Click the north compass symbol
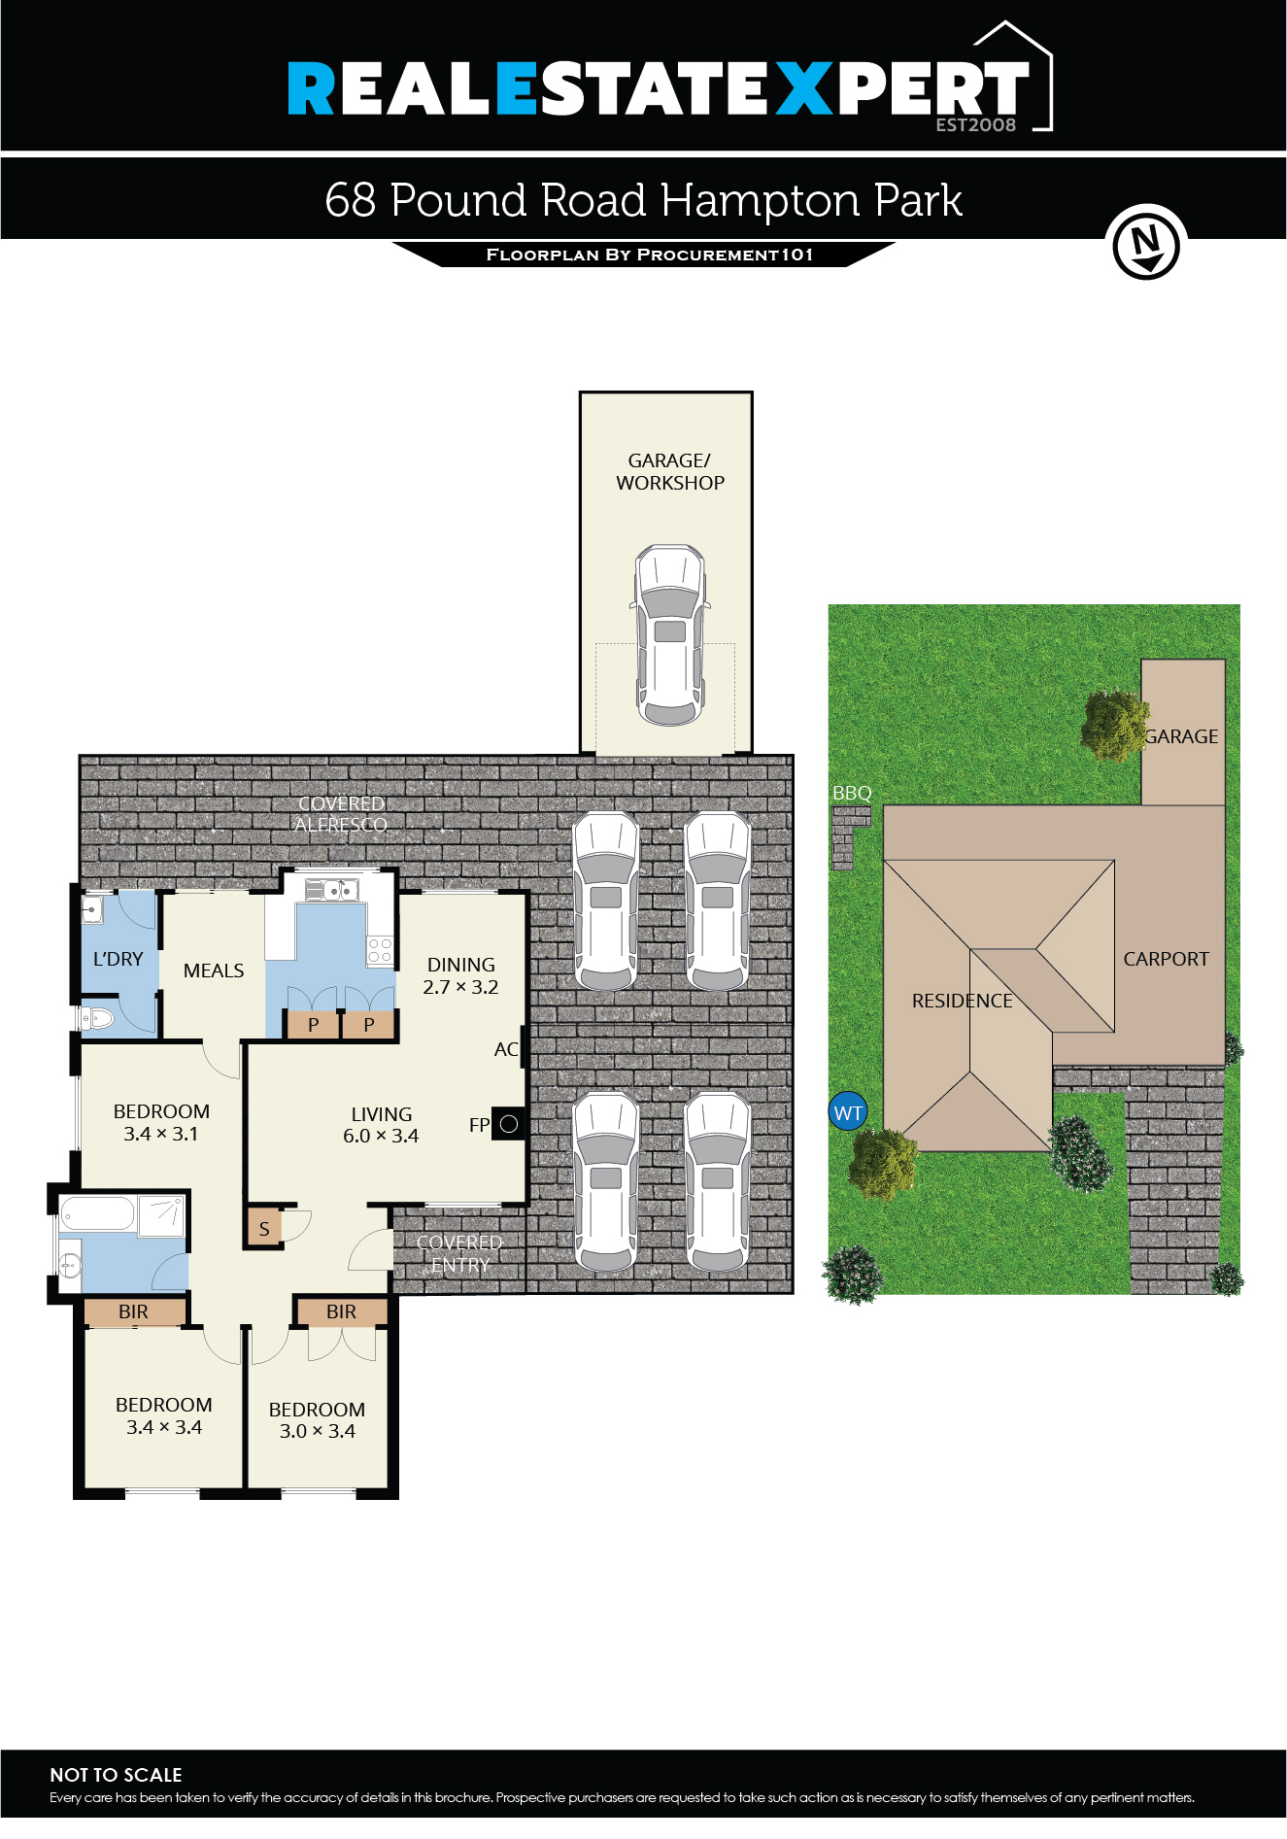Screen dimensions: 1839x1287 click(x=1146, y=243)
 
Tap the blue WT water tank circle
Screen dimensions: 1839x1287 click(x=848, y=1113)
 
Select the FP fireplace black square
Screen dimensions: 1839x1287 click(x=508, y=1124)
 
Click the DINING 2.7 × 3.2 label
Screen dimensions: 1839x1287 click(x=461, y=976)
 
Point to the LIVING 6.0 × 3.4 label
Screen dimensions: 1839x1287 click(x=381, y=1125)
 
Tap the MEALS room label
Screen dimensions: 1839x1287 click(x=214, y=971)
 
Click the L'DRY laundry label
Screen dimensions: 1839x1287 click(x=118, y=959)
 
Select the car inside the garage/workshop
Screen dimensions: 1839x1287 click(x=669, y=635)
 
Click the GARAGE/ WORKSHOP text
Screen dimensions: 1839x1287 click(x=669, y=471)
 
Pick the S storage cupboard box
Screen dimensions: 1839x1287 click(x=263, y=1229)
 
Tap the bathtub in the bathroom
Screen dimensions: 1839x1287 click(x=97, y=1214)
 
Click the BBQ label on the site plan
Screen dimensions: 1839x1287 click(x=852, y=793)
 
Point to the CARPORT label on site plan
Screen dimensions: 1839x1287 click(x=1166, y=959)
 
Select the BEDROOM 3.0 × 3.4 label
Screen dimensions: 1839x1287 click(x=317, y=1420)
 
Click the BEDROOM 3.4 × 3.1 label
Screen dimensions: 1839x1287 click(x=161, y=1122)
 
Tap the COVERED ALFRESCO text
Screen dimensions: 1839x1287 click(x=341, y=814)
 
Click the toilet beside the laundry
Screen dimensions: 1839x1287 click(x=98, y=1019)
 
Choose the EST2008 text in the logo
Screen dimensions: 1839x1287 click(x=975, y=124)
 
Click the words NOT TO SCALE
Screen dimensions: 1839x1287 click(x=116, y=1775)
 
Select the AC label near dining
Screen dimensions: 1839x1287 click(x=505, y=1049)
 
